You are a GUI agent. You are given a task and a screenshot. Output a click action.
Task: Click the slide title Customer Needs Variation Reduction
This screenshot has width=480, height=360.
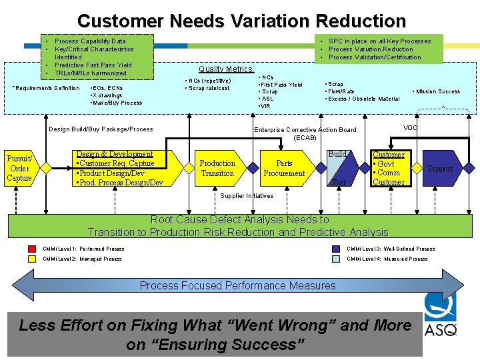241,21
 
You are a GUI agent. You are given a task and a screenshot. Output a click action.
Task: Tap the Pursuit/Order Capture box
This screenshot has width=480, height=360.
19,169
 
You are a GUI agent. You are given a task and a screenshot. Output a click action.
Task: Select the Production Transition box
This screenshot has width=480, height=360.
217,168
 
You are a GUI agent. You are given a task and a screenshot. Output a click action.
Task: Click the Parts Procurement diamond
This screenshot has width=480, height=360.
284,168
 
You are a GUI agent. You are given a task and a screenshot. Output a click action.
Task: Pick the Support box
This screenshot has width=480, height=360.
439,169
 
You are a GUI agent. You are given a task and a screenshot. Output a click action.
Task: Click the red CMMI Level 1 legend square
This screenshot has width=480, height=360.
32,249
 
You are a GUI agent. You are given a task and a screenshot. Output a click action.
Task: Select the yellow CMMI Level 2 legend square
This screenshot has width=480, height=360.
32,259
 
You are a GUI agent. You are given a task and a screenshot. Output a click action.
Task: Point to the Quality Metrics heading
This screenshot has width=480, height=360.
226,69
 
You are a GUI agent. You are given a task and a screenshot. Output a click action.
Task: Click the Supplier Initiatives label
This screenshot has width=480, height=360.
247,196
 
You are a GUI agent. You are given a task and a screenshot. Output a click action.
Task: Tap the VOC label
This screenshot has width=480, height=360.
411,127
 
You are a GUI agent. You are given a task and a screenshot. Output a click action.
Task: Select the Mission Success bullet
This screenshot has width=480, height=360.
437,91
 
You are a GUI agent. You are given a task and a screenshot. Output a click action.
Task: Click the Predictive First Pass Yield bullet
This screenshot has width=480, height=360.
93,65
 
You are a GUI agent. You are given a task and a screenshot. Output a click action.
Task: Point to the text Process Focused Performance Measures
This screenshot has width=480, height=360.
237,286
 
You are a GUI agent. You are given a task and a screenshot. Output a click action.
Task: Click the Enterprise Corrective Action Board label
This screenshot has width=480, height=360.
305,130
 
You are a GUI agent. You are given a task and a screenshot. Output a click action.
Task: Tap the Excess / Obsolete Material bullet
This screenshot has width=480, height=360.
363,99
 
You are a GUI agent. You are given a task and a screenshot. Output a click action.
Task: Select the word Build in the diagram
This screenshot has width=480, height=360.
337,154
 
